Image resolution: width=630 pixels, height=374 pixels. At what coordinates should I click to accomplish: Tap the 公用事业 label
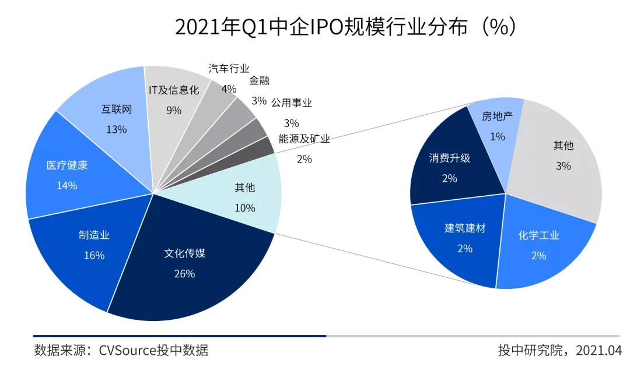[291, 103]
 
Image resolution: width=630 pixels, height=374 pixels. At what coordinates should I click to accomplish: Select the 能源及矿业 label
[304, 139]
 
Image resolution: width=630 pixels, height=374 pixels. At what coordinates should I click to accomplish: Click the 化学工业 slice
[540, 245]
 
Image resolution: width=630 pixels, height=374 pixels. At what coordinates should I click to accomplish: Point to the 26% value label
[184, 273]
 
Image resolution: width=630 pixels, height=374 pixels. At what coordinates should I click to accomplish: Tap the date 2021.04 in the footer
[599, 350]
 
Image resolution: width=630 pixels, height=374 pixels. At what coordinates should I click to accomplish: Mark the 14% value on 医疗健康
[67, 185]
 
